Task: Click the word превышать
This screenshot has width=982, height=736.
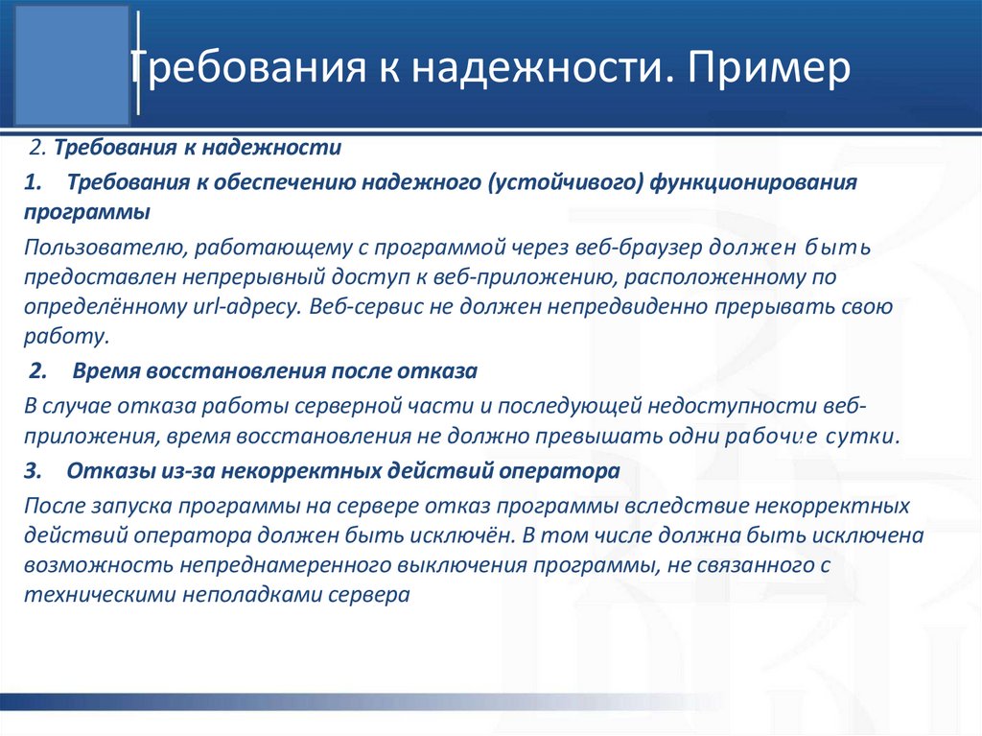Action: (605, 437)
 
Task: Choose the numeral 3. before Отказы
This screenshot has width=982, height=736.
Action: (35, 471)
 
